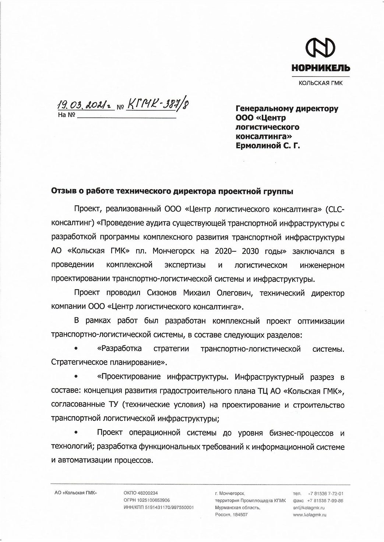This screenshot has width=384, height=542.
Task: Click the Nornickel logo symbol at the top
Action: point(321,49)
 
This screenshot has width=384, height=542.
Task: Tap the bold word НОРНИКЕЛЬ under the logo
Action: point(321,68)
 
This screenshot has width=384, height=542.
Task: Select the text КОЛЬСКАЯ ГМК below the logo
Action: point(321,83)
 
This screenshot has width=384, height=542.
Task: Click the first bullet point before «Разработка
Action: point(76,348)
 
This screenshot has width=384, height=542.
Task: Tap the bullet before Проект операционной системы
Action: point(76,433)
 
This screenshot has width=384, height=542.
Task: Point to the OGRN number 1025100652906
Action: point(155,500)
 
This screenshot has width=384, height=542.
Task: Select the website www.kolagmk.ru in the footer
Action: point(310,515)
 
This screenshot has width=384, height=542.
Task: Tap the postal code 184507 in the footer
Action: point(239,515)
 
